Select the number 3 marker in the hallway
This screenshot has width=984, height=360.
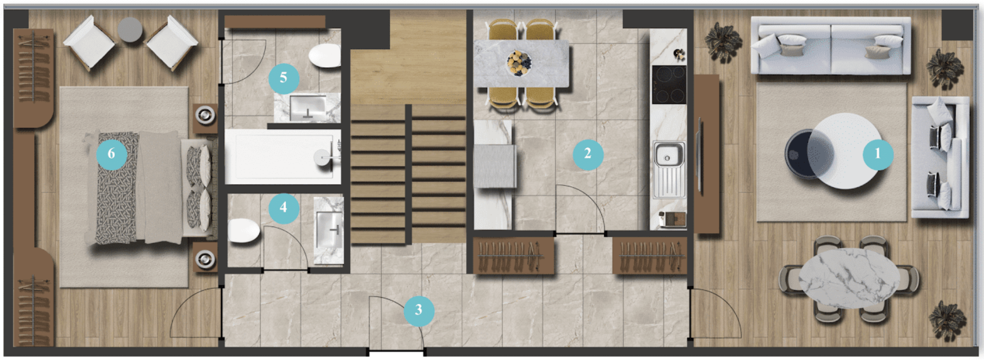click(x=419, y=311)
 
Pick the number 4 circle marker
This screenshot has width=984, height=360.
click(x=284, y=208)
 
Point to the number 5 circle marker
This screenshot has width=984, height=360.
click(x=284, y=78)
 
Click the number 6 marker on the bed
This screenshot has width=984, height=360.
click(x=112, y=154)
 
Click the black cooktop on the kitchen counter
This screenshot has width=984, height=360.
click(x=669, y=85)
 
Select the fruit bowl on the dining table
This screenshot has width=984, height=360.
click(x=519, y=63)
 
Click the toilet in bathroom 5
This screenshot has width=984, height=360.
click(x=325, y=55)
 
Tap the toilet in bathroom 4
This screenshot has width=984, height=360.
click(x=244, y=230)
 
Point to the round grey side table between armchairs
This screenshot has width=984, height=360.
click(x=130, y=30)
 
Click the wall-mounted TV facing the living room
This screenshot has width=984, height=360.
click(x=699, y=156)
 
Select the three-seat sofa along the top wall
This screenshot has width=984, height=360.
click(x=831, y=45)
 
